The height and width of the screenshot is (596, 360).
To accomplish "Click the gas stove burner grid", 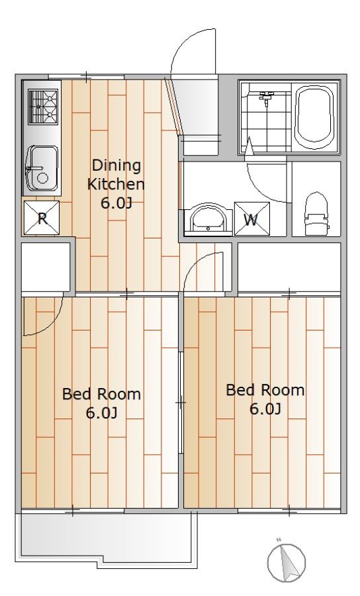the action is point(43,106).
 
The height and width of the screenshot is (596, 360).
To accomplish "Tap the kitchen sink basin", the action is point(42,168).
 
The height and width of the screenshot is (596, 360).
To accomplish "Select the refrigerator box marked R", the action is point(42,218).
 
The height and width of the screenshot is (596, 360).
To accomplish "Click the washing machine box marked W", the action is point(251,219).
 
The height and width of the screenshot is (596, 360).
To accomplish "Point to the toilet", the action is point(316,214).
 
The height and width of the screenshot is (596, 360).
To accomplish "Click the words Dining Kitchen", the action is point(116,175).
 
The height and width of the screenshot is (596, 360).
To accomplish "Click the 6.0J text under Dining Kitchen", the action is point(116,203).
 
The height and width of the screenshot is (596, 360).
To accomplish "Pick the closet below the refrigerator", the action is point(46,266).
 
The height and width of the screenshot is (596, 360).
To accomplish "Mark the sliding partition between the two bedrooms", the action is point(181,402).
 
